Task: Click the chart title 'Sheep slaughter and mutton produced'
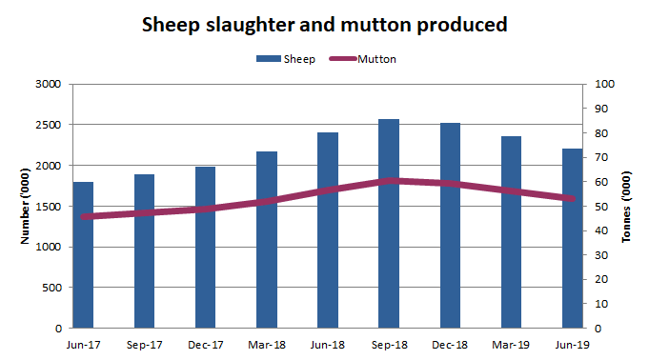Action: coord(324,24)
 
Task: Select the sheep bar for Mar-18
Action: coord(266,257)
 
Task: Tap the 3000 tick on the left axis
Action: coord(48,85)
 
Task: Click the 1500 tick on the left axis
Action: coord(48,207)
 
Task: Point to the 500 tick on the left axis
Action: coord(51,288)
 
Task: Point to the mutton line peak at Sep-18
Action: coord(389,180)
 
